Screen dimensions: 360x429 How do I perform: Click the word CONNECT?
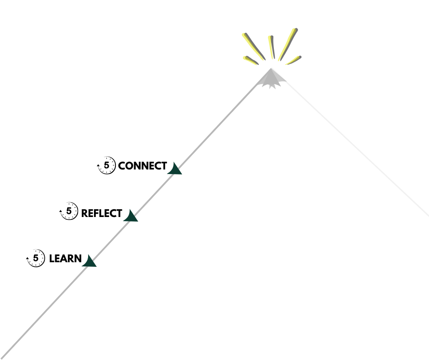tap(142, 166)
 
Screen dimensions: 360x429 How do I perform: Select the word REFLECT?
tap(101, 213)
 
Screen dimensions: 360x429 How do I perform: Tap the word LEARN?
tap(65, 259)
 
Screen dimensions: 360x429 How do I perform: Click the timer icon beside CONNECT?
tap(106, 165)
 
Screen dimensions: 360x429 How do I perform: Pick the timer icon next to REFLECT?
tap(69, 212)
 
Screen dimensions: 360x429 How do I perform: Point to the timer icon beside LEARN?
tap(36, 259)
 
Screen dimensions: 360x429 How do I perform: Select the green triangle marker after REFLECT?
tap(131, 216)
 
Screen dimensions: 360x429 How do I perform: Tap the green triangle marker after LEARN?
tap(89, 262)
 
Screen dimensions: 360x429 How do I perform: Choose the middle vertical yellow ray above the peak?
tap(272, 47)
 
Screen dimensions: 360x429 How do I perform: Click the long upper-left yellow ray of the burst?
tap(253, 46)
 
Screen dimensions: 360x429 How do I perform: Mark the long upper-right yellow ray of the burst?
tap(288, 44)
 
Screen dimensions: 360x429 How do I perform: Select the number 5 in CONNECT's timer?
tap(107, 165)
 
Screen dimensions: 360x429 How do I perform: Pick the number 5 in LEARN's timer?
tap(36, 258)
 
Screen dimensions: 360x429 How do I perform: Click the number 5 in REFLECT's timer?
tap(69, 212)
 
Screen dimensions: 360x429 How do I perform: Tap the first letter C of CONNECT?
tap(122, 166)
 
